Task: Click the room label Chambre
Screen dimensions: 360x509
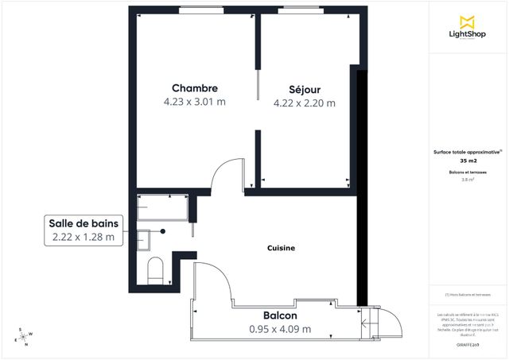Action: (x=195, y=87)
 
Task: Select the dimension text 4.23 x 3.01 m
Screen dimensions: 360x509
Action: (x=195, y=102)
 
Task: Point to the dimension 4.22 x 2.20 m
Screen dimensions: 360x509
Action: (x=304, y=103)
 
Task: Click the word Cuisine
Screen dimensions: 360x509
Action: (x=281, y=249)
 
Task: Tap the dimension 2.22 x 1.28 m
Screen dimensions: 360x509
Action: (x=84, y=237)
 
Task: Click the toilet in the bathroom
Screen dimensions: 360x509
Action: (x=155, y=269)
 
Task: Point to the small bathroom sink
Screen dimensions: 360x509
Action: (x=144, y=238)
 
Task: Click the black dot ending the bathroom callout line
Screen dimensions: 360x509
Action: (x=163, y=231)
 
